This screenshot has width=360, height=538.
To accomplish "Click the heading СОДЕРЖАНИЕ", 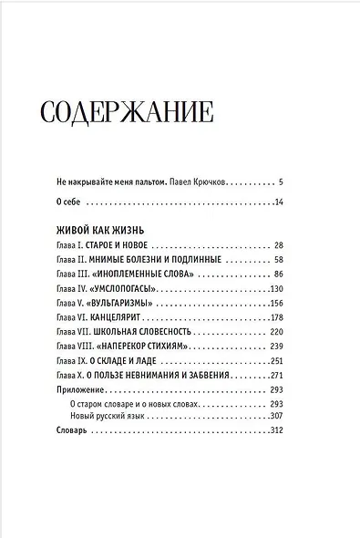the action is [128, 113].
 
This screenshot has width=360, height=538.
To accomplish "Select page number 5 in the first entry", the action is [282, 181].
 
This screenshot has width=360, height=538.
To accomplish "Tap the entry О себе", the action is [69, 202].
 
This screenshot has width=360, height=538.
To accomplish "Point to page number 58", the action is [279, 260].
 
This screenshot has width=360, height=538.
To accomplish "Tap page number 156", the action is [277, 303].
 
